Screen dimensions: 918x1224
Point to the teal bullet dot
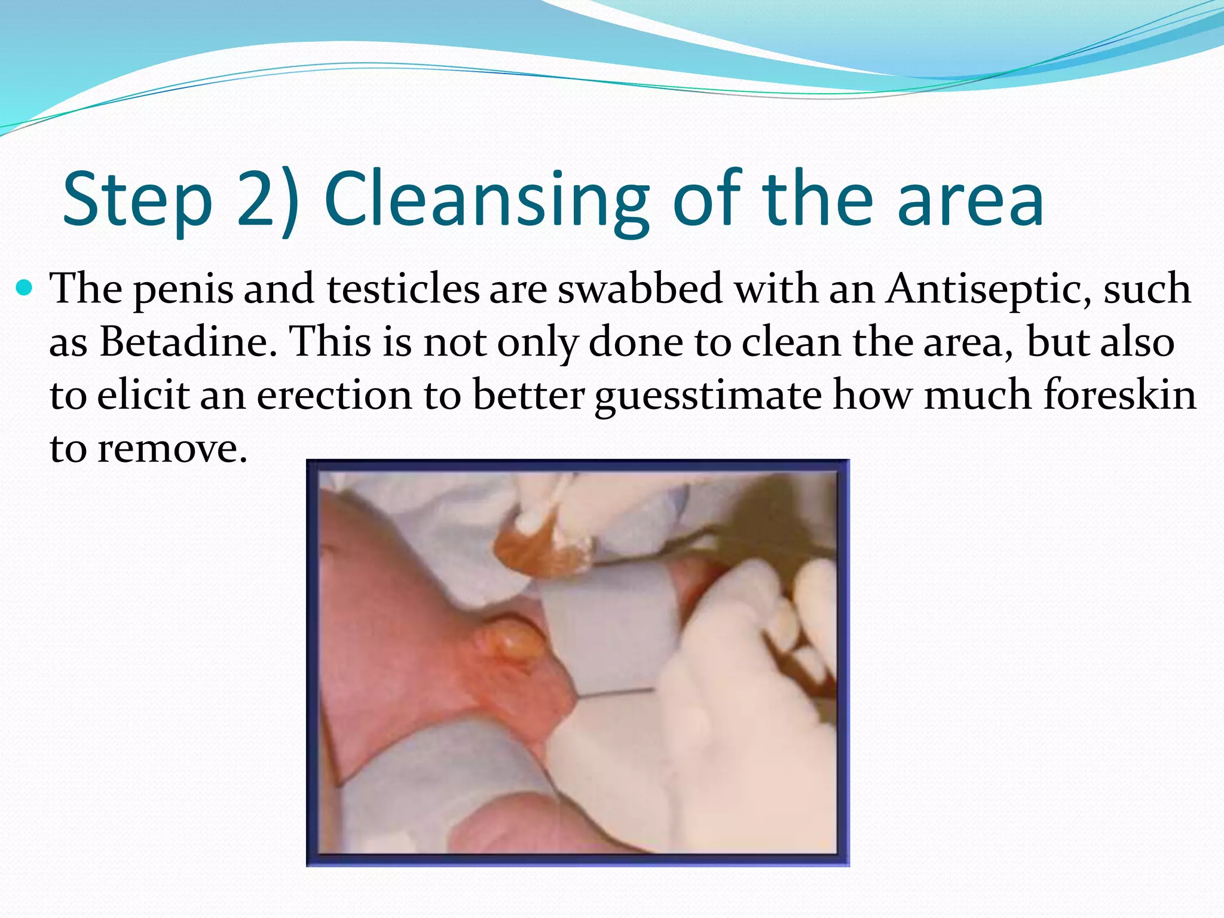click(x=25, y=289)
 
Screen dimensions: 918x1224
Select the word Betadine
click(x=188, y=342)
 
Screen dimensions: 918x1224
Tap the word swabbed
click(x=639, y=289)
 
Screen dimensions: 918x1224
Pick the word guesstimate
click(x=708, y=396)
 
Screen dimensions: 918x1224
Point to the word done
click(x=636, y=342)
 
